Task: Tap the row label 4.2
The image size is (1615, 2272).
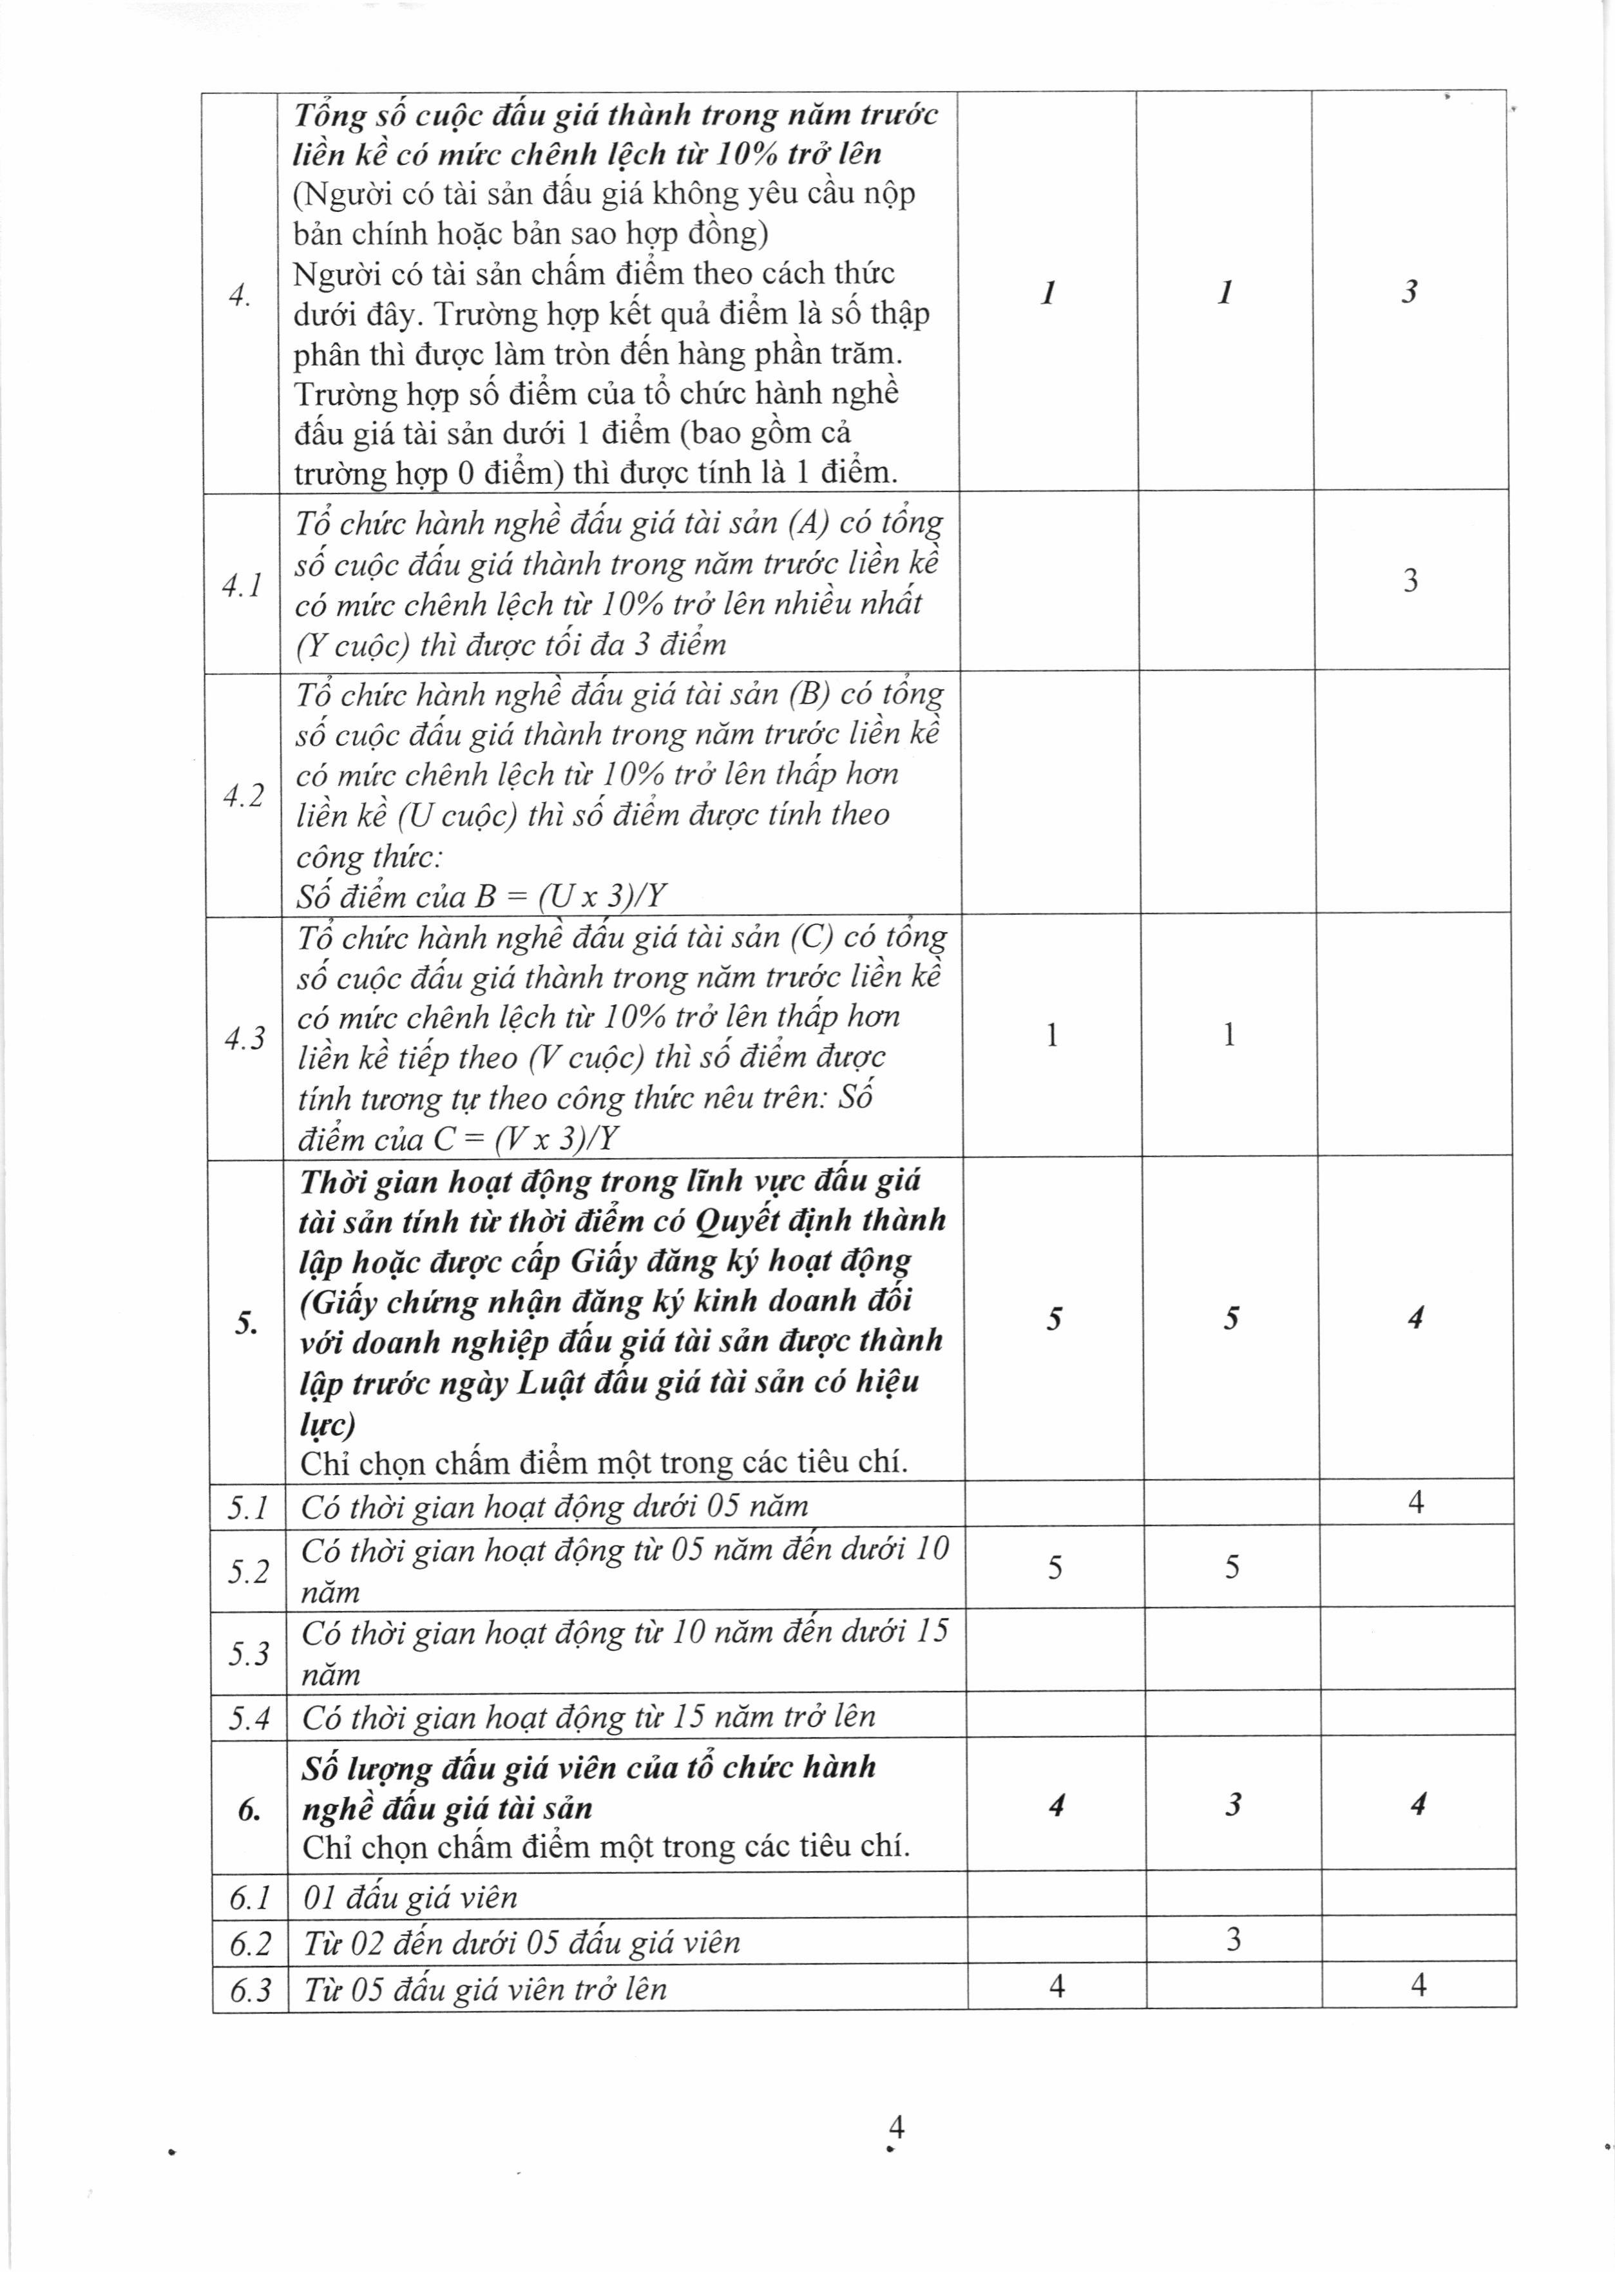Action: [x=244, y=796]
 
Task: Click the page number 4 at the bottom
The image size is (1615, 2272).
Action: [x=896, y=2128]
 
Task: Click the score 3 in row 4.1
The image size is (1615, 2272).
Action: [x=1410, y=580]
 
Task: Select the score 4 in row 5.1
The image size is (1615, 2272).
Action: [x=1416, y=1502]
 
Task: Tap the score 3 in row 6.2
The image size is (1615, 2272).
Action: [x=1233, y=1939]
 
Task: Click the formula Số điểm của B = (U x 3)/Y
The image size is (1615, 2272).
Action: [x=481, y=897]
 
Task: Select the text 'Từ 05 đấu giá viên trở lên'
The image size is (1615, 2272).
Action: [x=485, y=1989]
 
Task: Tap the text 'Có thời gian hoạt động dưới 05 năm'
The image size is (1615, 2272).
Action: [x=555, y=1506]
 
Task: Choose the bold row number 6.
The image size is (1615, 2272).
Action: [x=249, y=1809]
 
